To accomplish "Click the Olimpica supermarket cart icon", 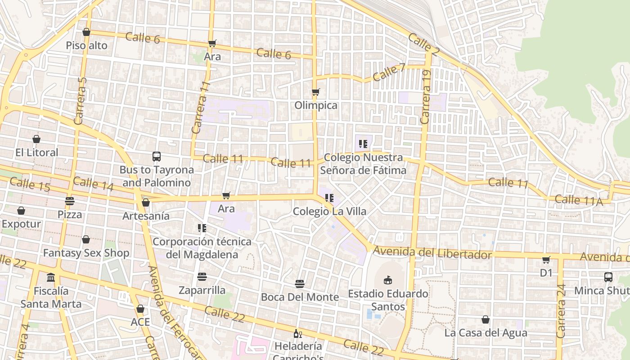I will tap(315, 92).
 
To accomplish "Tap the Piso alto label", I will tap(86, 45).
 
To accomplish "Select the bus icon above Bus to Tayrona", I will tap(157, 157).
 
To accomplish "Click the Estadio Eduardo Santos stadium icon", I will tap(387, 280).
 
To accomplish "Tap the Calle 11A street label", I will tap(578, 200).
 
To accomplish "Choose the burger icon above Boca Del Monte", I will tap(300, 284).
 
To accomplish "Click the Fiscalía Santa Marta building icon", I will tap(51, 277).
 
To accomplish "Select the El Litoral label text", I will tap(37, 152).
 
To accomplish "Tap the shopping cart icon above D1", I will tap(546, 260).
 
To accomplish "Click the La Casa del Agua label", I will tap(486, 333).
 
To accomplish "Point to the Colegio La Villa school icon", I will tap(329, 198).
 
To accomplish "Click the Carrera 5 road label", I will tap(80, 101).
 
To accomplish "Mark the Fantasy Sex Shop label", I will tap(86, 253).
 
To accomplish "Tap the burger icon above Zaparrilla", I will tap(202, 277).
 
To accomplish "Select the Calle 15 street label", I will tap(30, 184).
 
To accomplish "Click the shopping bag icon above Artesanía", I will tap(146, 203).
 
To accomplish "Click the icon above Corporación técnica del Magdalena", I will tap(202, 228).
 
